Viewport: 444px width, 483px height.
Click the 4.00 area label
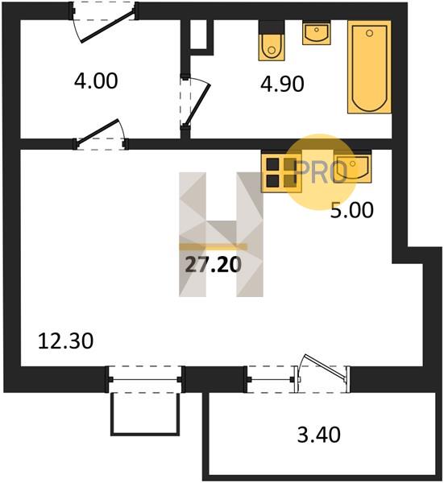click(x=96, y=81)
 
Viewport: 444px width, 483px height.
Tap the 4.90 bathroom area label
click(x=282, y=84)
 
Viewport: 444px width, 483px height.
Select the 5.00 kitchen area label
click(x=352, y=210)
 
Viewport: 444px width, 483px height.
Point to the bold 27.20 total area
click(x=214, y=265)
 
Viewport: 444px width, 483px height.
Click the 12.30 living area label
click(x=65, y=341)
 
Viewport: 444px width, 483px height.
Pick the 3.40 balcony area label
click(x=319, y=435)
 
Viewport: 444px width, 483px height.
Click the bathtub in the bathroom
click(x=369, y=67)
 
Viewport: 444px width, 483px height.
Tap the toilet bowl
click(x=272, y=47)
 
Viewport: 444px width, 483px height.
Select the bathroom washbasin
click(x=317, y=33)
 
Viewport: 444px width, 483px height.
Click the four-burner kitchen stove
click(x=281, y=172)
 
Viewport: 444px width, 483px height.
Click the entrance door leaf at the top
click(x=108, y=27)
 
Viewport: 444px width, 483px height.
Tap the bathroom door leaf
click(x=197, y=104)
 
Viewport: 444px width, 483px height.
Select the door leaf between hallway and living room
click(x=98, y=131)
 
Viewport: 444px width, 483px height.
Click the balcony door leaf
click(x=325, y=366)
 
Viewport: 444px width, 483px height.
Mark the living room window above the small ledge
click(x=145, y=379)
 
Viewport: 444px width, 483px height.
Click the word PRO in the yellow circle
click(x=321, y=172)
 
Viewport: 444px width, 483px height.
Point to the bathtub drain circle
click(x=369, y=33)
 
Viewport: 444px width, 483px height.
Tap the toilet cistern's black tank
click(x=272, y=27)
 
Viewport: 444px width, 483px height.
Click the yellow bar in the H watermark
click(x=214, y=246)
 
